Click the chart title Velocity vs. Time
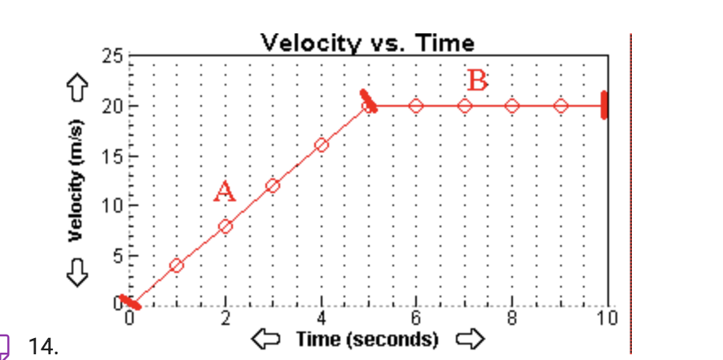click(x=367, y=42)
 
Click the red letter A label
click(x=225, y=192)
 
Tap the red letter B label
click(x=478, y=81)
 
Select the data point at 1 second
click(x=177, y=266)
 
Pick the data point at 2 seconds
click(x=226, y=226)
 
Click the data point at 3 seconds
click(x=273, y=186)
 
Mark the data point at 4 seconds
click(x=321, y=145)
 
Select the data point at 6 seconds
click(x=416, y=106)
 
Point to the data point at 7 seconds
click(x=465, y=106)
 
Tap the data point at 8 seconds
click(x=512, y=106)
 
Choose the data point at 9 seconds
click(x=560, y=106)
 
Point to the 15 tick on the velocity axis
click(x=112, y=156)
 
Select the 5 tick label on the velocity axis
click(x=116, y=256)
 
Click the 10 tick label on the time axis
click(x=607, y=318)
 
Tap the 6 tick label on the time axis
click(x=416, y=318)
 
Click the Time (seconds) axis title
click(x=367, y=338)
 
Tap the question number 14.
click(x=43, y=348)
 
